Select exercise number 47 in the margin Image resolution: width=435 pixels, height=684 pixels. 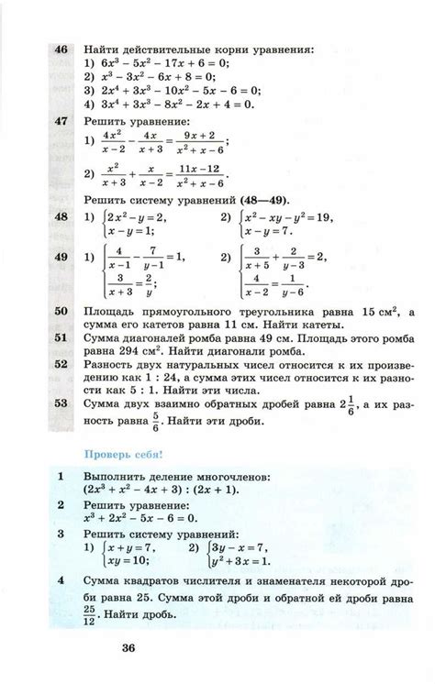click(62, 120)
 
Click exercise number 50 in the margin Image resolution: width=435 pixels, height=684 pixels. click(62, 312)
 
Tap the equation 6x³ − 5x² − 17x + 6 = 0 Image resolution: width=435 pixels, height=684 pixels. click(162, 63)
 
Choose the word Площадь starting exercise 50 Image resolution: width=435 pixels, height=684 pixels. click(110, 312)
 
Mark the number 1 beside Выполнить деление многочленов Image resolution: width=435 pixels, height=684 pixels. click(60, 477)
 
